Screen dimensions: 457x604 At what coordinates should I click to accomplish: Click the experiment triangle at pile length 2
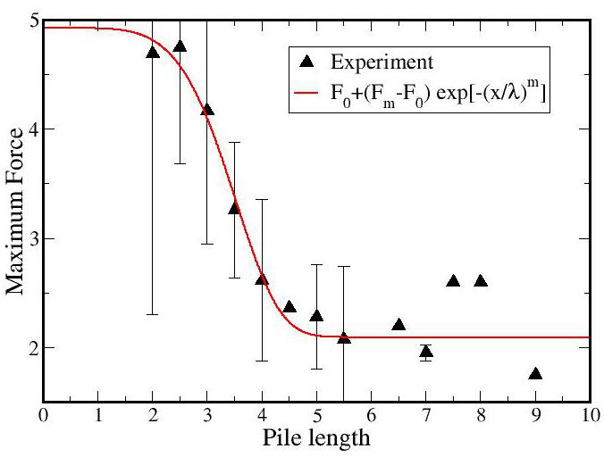pyautogui.click(x=153, y=52)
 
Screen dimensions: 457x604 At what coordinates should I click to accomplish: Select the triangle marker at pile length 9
pyautogui.click(x=535, y=374)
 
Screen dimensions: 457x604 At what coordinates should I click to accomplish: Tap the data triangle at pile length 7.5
pyautogui.click(x=453, y=281)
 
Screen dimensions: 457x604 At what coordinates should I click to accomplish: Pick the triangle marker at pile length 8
pyautogui.click(x=481, y=281)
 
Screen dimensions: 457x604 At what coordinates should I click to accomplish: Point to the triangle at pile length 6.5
pyautogui.click(x=398, y=325)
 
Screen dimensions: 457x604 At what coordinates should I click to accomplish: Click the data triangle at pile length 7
pyautogui.click(x=426, y=352)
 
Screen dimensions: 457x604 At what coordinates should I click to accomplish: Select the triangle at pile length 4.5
pyautogui.click(x=289, y=307)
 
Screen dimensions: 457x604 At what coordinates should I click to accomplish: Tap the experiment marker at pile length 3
pyautogui.click(x=207, y=110)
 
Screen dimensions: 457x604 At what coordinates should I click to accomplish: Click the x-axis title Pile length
pyautogui.click(x=315, y=439)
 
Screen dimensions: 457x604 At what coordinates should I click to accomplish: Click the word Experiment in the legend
pyautogui.click(x=382, y=62)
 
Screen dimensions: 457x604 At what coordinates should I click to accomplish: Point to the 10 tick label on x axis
pyautogui.click(x=588, y=416)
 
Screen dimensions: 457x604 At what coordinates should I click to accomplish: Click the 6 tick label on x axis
pyautogui.click(x=372, y=416)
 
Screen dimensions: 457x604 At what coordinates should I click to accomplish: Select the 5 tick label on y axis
pyautogui.click(x=30, y=21)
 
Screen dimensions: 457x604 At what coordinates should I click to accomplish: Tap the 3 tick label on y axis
pyautogui.click(x=30, y=238)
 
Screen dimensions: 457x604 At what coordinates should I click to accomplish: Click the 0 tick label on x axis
pyautogui.click(x=44, y=416)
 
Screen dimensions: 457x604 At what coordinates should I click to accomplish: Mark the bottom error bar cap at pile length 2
pyautogui.click(x=153, y=314)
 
